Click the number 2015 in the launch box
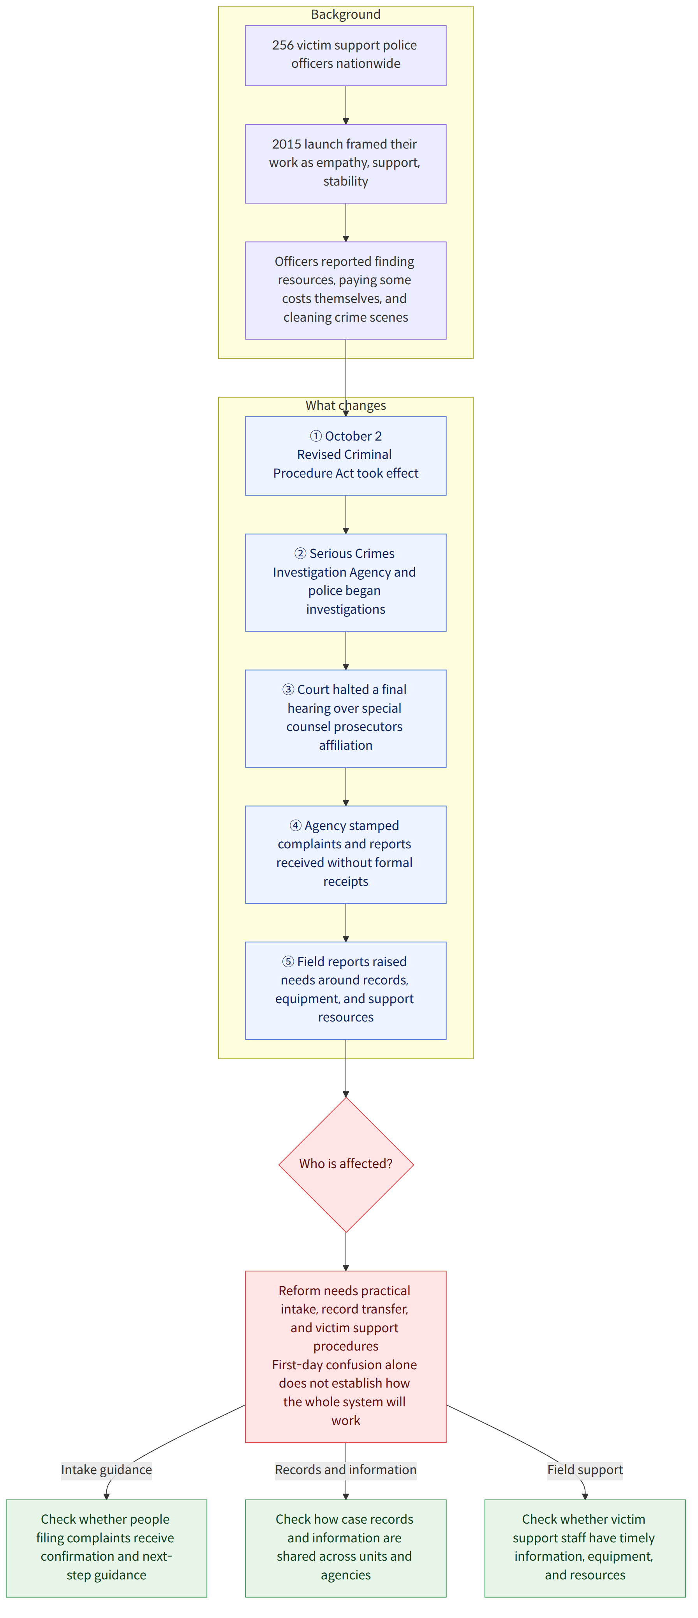pyautogui.click(x=286, y=144)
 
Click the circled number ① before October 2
pyautogui.click(x=316, y=436)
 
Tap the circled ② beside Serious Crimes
pyautogui.click(x=301, y=553)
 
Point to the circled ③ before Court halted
pyautogui.click(x=288, y=690)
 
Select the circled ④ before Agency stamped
pyautogui.click(x=296, y=825)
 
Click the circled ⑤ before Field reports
pyautogui.click(x=288, y=961)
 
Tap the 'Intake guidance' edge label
pyautogui.click(x=106, y=1470)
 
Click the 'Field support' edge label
pyautogui.click(x=585, y=1470)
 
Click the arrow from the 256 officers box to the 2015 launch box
pyautogui.click(x=346, y=105)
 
